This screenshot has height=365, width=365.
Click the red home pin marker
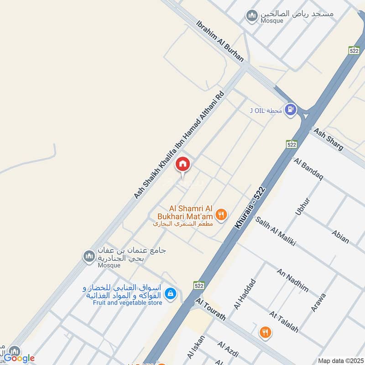pos(182,164)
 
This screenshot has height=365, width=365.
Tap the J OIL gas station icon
pos(290,110)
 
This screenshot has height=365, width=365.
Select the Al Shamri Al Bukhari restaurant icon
pos(221,214)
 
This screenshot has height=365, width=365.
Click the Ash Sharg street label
pos(328,139)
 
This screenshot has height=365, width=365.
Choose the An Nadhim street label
pos(292,280)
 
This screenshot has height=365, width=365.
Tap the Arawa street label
pos(318,302)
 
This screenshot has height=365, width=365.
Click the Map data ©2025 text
pos(340,360)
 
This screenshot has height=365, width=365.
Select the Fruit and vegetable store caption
pos(128,302)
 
